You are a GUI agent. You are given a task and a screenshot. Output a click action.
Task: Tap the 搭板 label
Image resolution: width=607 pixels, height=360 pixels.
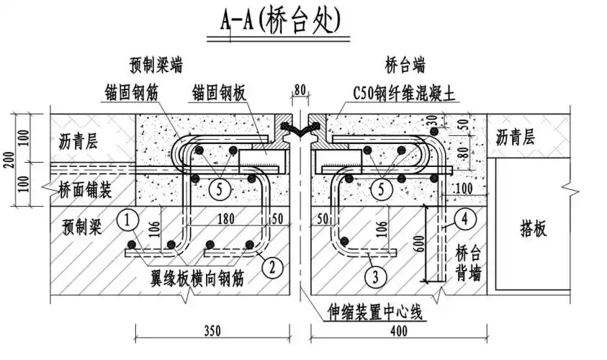(533, 228)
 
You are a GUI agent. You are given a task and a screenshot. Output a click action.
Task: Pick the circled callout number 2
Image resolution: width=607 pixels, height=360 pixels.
(271, 268)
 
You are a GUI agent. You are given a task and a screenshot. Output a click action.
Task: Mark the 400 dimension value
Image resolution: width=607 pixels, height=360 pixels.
(398, 332)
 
